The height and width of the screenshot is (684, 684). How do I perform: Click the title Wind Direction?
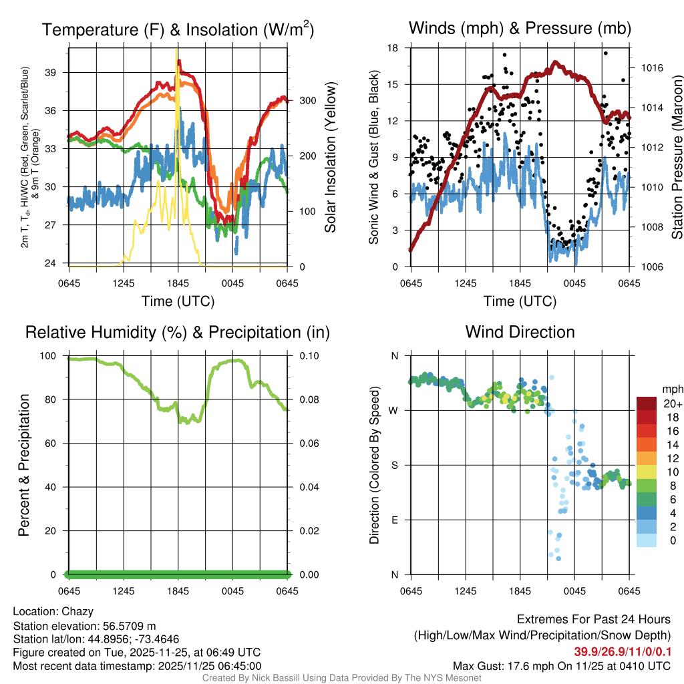point(520,332)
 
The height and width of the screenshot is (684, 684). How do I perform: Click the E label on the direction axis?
point(395,520)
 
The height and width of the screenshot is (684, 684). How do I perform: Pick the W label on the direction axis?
point(394,410)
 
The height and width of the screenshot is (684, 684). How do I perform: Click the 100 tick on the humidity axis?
point(53,355)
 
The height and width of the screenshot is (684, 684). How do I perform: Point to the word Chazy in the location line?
point(77,611)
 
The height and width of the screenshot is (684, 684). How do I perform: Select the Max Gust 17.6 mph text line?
point(561,666)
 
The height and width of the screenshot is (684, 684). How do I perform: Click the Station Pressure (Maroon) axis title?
point(677,157)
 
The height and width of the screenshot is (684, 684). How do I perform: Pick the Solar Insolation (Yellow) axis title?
point(330,157)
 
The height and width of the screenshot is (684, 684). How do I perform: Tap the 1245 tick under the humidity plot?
point(124,591)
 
